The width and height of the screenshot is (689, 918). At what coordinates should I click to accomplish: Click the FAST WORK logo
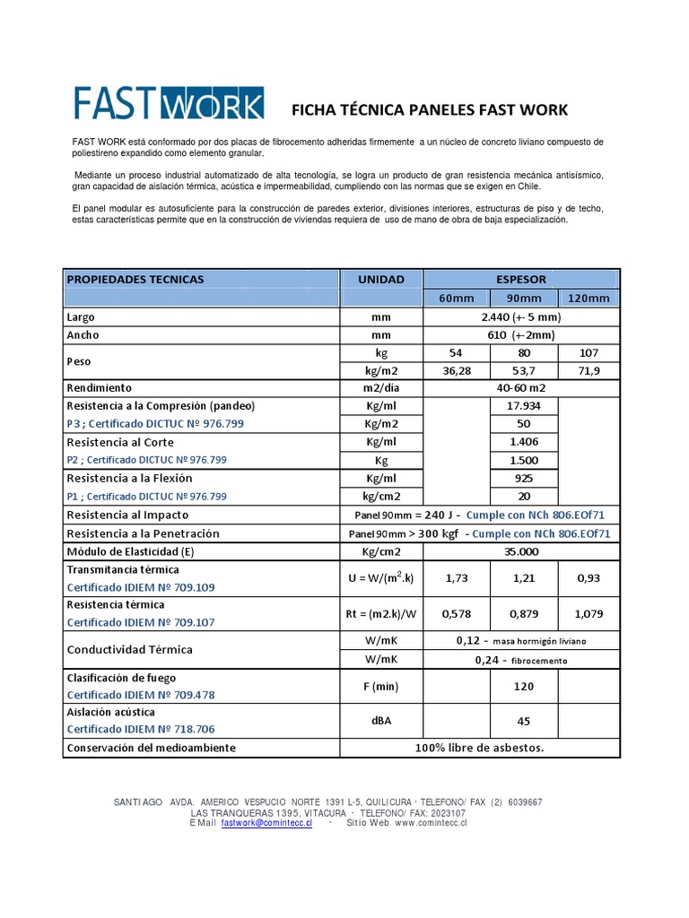pyautogui.click(x=168, y=103)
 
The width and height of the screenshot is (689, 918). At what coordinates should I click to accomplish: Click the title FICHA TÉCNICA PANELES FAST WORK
pyautogui.click(x=430, y=110)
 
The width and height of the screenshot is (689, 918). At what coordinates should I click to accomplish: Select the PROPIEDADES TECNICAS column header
pyautogui.click(x=135, y=279)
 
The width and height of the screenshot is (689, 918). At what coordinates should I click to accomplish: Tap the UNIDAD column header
pyautogui.click(x=381, y=279)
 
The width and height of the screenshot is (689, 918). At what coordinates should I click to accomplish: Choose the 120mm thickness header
pyautogui.click(x=588, y=299)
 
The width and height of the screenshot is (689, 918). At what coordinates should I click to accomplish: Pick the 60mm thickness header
pyautogui.click(x=458, y=299)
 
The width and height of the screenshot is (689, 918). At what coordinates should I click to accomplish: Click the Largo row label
pyautogui.click(x=81, y=317)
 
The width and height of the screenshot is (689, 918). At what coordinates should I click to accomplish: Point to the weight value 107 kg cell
pyautogui.click(x=588, y=353)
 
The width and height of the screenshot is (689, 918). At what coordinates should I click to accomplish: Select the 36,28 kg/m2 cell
pyautogui.click(x=458, y=370)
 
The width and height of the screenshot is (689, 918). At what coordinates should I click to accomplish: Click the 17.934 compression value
pyautogui.click(x=525, y=406)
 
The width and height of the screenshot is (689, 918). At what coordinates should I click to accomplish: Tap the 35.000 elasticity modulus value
pyautogui.click(x=520, y=551)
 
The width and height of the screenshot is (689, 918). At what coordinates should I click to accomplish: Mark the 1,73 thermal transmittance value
pyautogui.click(x=458, y=578)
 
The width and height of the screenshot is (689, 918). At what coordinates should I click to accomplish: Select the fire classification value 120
pyautogui.click(x=525, y=686)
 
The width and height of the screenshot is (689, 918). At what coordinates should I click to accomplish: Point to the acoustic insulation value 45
pyautogui.click(x=525, y=721)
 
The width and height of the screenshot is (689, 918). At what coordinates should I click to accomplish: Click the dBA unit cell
pyautogui.click(x=381, y=721)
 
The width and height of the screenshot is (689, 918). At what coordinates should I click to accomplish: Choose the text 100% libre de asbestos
pyautogui.click(x=479, y=747)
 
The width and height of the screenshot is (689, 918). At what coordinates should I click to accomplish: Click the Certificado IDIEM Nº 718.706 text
pyautogui.click(x=141, y=730)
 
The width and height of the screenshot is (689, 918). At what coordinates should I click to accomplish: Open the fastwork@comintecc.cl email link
pyautogui.click(x=266, y=822)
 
